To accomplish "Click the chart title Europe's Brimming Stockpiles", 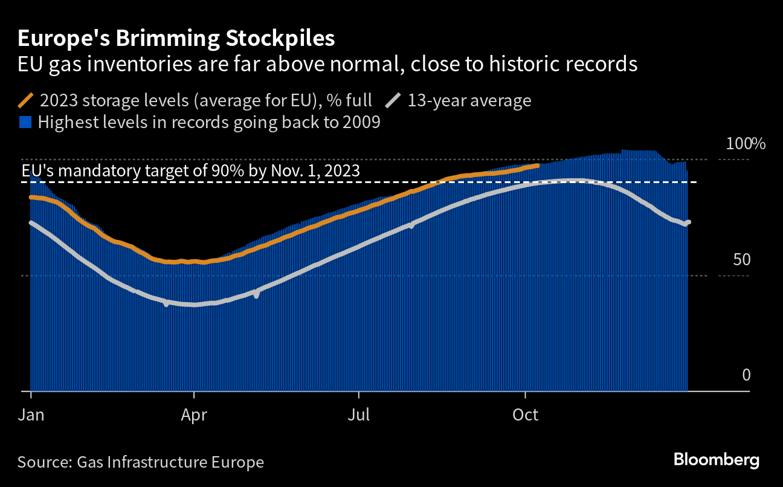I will tap(176, 39).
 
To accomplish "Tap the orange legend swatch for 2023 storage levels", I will tap(26, 100).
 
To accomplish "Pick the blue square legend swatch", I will tap(25, 123).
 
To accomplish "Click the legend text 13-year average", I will tap(469, 100).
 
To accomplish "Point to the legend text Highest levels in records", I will tap(209, 123).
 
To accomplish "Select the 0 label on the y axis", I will tap(746, 375).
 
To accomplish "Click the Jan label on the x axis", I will tap(31, 416).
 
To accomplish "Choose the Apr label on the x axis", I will tap(194, 416).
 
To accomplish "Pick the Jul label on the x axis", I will tap(359, 416).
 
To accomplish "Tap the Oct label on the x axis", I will tap(526, 416).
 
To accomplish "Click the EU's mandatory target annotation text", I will tap(191, 170).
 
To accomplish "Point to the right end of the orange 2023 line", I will tap(538, 166).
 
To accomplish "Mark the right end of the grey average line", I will tap(689, 222).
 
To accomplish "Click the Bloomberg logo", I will tap(717, 460).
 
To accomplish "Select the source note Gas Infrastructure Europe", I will tap(141, 463).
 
